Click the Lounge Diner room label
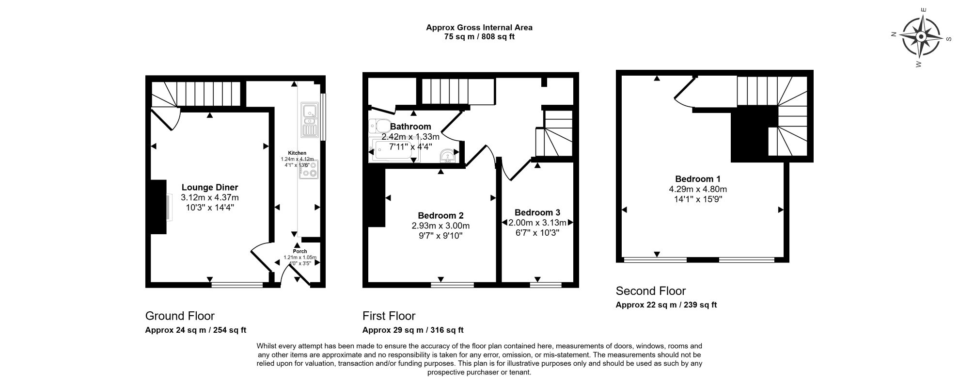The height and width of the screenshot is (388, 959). (210, 187)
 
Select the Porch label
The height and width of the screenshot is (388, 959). (300, 251)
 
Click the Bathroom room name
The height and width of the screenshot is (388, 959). (410, 127)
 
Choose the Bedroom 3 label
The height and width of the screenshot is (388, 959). (537, 212)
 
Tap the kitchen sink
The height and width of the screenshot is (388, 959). (308, 119)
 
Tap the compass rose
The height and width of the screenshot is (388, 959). (921, 37)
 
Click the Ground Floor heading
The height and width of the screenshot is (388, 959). (180, 316)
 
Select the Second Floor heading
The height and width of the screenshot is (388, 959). (651, 291)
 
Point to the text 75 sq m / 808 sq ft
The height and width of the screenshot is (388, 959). (479, 37)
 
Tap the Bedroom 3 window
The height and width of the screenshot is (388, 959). (546, 285)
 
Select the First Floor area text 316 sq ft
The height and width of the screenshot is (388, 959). (445, 330)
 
